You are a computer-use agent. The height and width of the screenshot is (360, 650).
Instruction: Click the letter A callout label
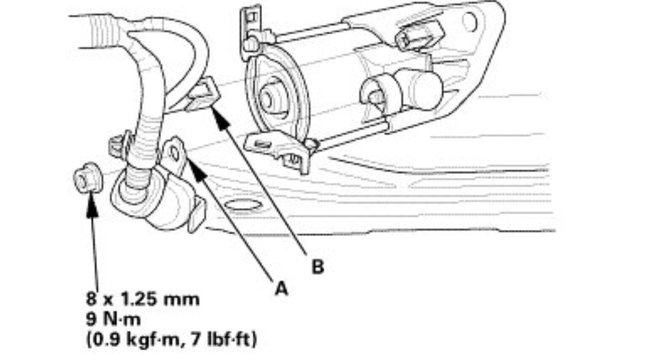coord(282,286)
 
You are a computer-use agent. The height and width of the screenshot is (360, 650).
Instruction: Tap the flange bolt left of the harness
coord(84,181)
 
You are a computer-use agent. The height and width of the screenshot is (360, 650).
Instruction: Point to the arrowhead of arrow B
coord(214,103)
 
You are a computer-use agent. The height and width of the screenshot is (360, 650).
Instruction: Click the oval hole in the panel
coord(243,208)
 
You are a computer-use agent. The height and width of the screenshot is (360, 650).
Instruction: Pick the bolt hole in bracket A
coord(175,153)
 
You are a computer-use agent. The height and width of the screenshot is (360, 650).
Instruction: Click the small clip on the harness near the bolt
coord(117,146)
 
